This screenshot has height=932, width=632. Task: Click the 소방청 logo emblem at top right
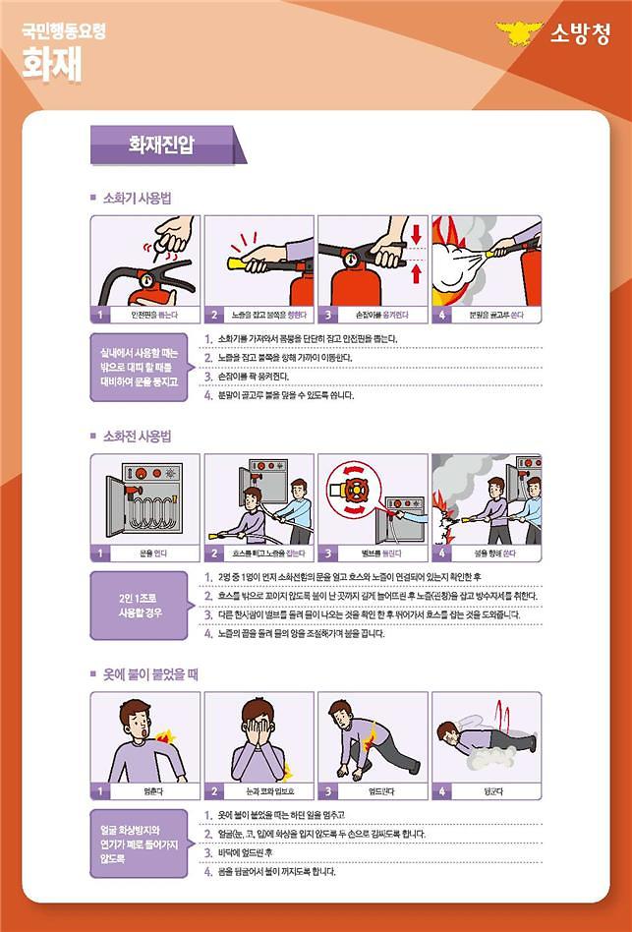[x=520, y=34]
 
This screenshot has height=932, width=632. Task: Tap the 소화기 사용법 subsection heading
[x=138, y=199]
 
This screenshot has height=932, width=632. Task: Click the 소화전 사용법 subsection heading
[x=138, y=436]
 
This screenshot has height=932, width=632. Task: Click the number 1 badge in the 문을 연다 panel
[x=99, y=553]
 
